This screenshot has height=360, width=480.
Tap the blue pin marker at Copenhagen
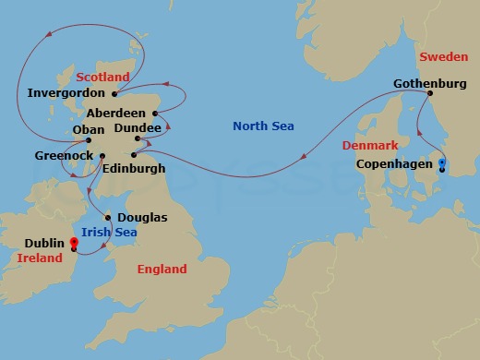point(442,164)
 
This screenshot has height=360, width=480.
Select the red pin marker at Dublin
point(73,243)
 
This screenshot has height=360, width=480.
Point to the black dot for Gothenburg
point(428,95)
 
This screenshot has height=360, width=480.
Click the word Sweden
point(444,57)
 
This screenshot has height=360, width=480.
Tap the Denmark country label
point(370,146)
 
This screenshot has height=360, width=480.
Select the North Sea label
point(264,126)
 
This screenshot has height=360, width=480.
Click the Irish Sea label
point(109,232)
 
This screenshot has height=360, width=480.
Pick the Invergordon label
point(67,93)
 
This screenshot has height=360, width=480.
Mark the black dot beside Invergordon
point(114,93)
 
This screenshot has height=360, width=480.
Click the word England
point(162,269)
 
